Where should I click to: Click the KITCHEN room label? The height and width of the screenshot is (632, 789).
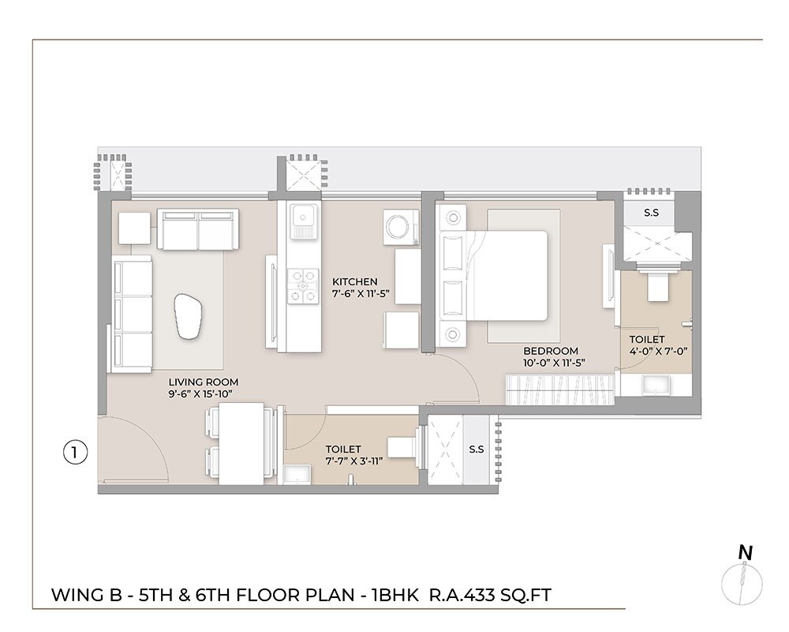(354, 281)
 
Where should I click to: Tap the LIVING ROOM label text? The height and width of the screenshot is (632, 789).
(193, 381)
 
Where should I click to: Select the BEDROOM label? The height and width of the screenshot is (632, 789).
(551, 351)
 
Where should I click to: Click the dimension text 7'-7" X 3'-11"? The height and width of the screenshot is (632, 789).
(353, 461)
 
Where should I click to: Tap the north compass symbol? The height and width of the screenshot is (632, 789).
(742, 581)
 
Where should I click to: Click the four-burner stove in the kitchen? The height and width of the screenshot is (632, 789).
(301, 285)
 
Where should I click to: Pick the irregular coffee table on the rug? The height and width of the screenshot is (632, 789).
(189, 314)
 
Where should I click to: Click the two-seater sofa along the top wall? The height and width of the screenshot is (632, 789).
(198, 229)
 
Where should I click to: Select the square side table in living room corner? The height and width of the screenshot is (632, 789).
(134, 228)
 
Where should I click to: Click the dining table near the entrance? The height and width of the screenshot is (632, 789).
(241, 443)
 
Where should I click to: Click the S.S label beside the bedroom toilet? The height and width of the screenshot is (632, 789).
(652, 213)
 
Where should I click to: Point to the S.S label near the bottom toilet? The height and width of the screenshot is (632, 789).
(476, 450)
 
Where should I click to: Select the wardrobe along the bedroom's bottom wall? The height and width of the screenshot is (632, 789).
(559, 389)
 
